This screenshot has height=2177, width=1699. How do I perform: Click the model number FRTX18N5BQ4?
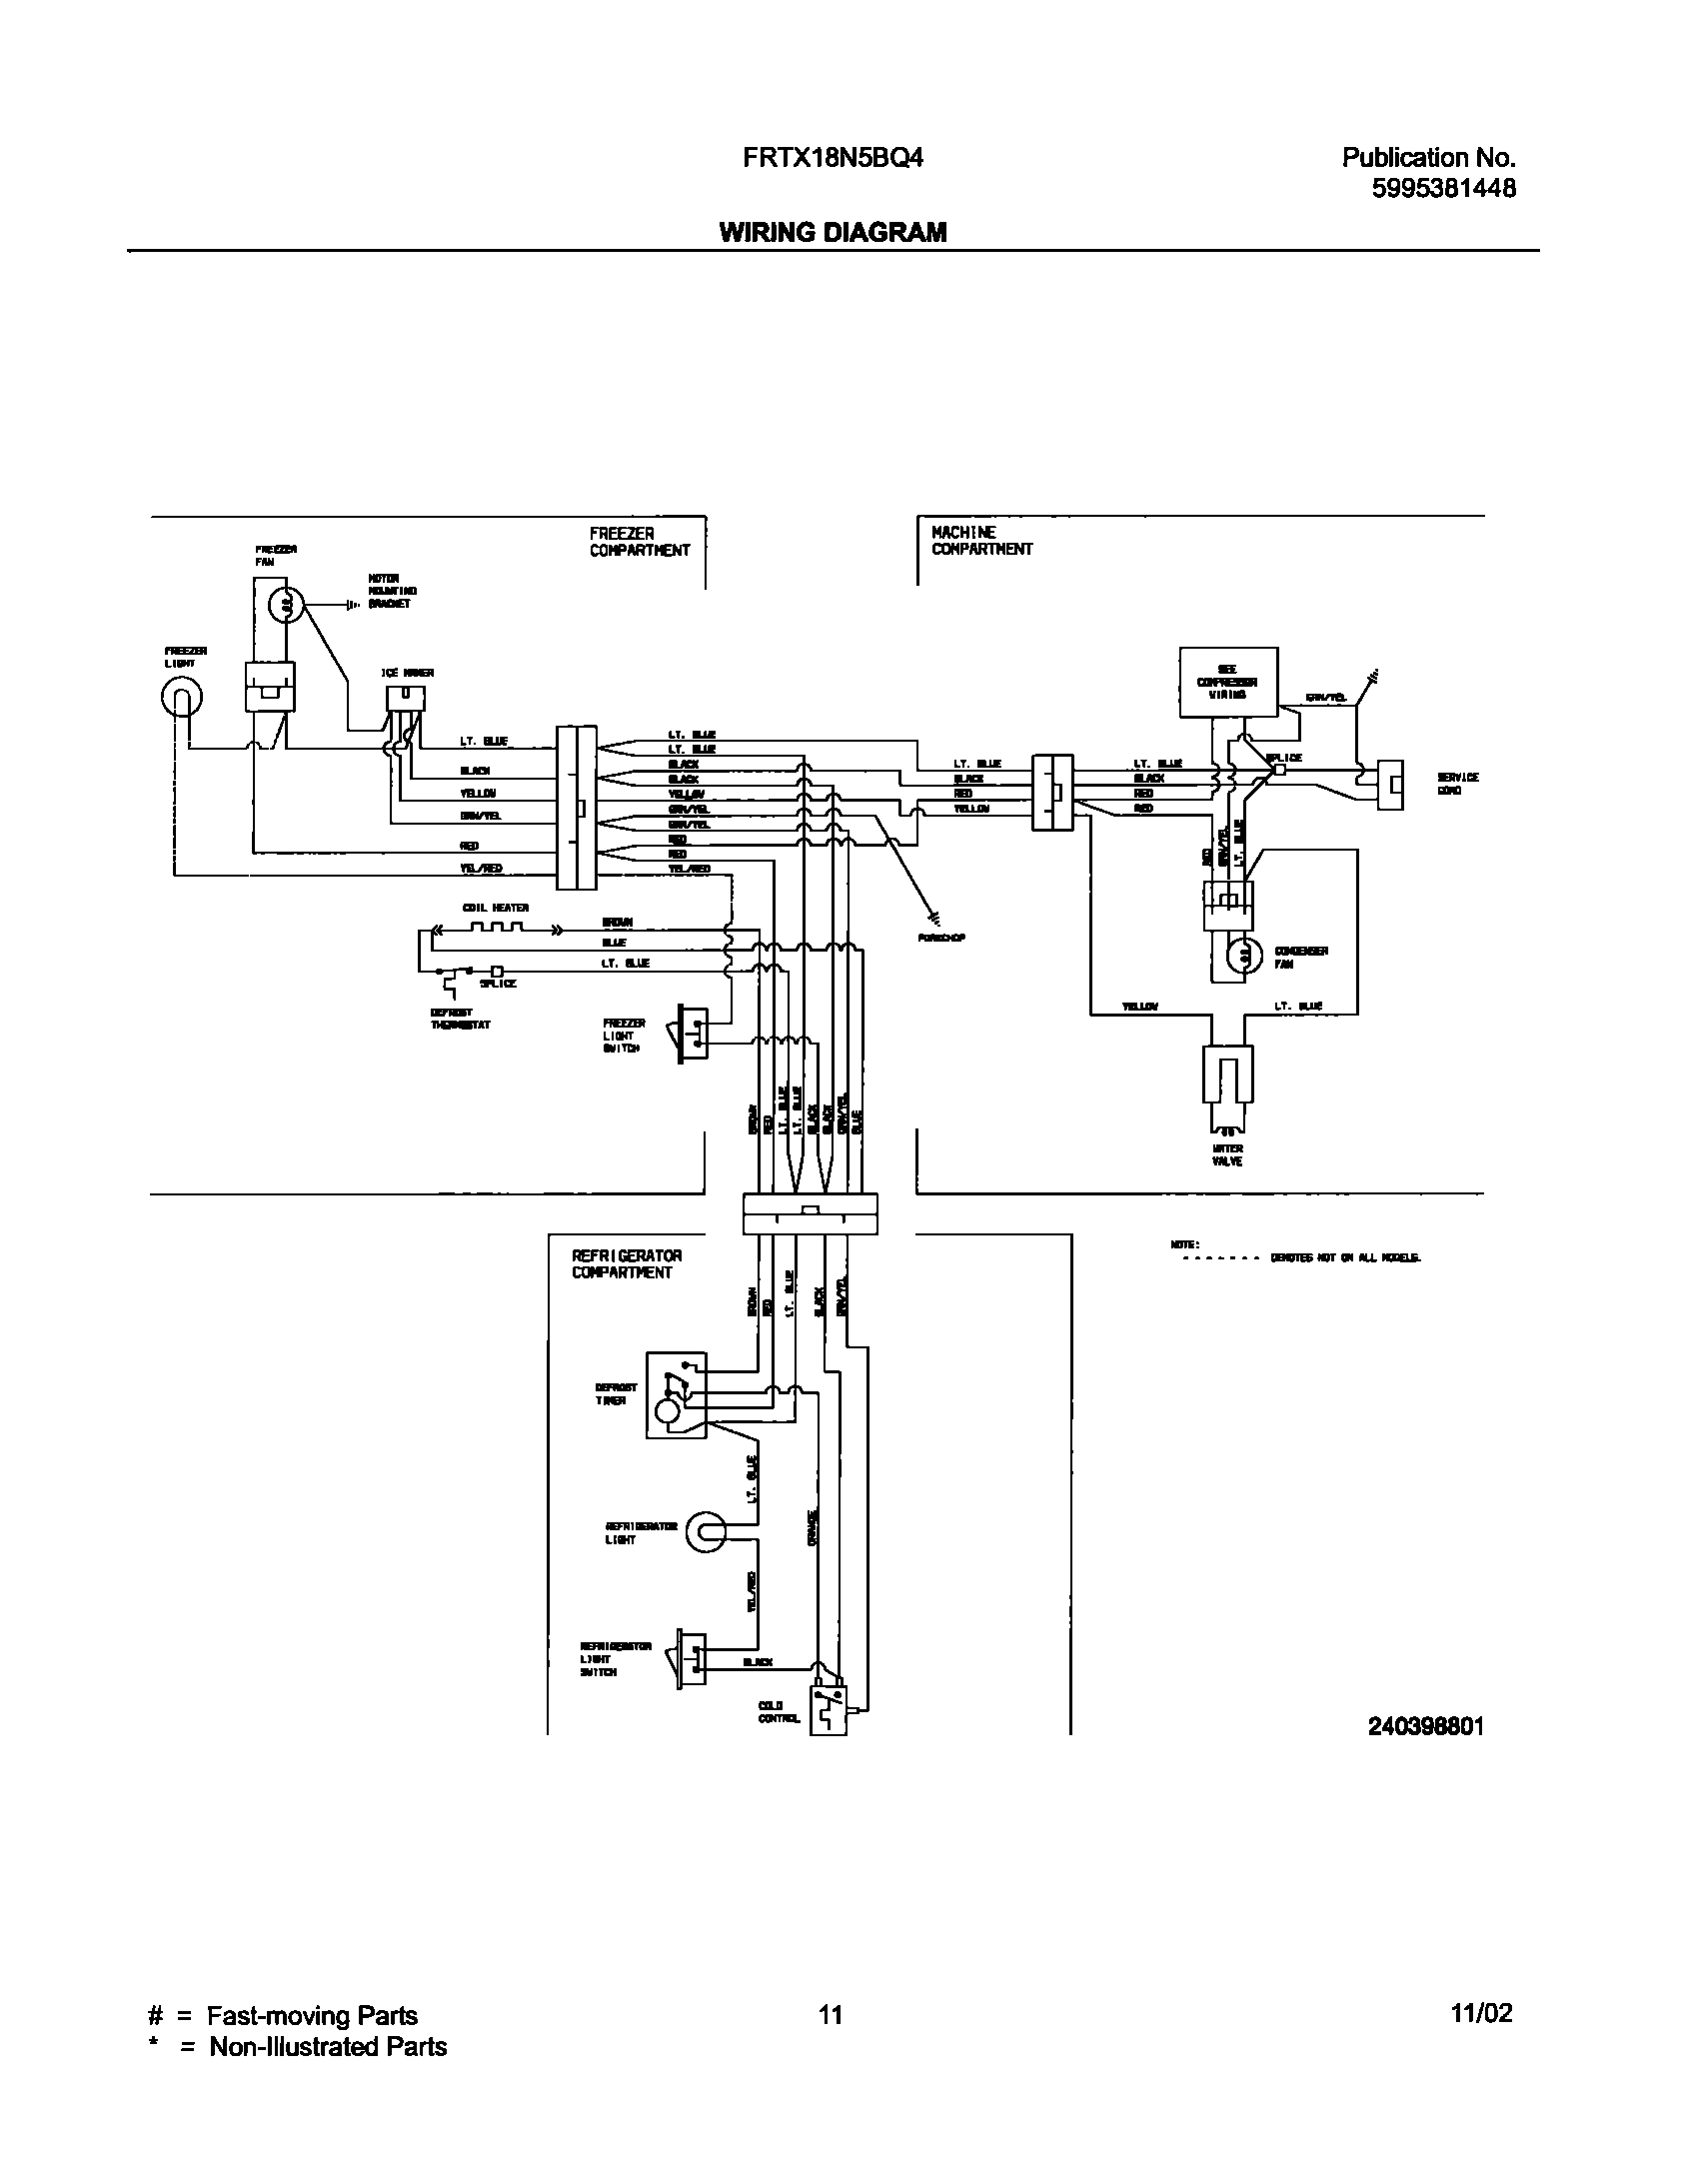coord(832,158)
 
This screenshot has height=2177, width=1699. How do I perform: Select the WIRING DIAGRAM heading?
coord(833,233)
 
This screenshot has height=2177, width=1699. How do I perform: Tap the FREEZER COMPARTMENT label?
coord(640,542)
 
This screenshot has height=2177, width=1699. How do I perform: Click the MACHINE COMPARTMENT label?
coord(981,541)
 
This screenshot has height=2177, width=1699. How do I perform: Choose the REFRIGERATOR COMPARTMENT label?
coord(627,1263)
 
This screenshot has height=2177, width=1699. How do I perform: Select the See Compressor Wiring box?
coord(1228,682)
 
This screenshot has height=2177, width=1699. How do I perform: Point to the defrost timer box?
coord(676,1395)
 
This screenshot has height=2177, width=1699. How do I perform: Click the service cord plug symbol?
coord(1390,784)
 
